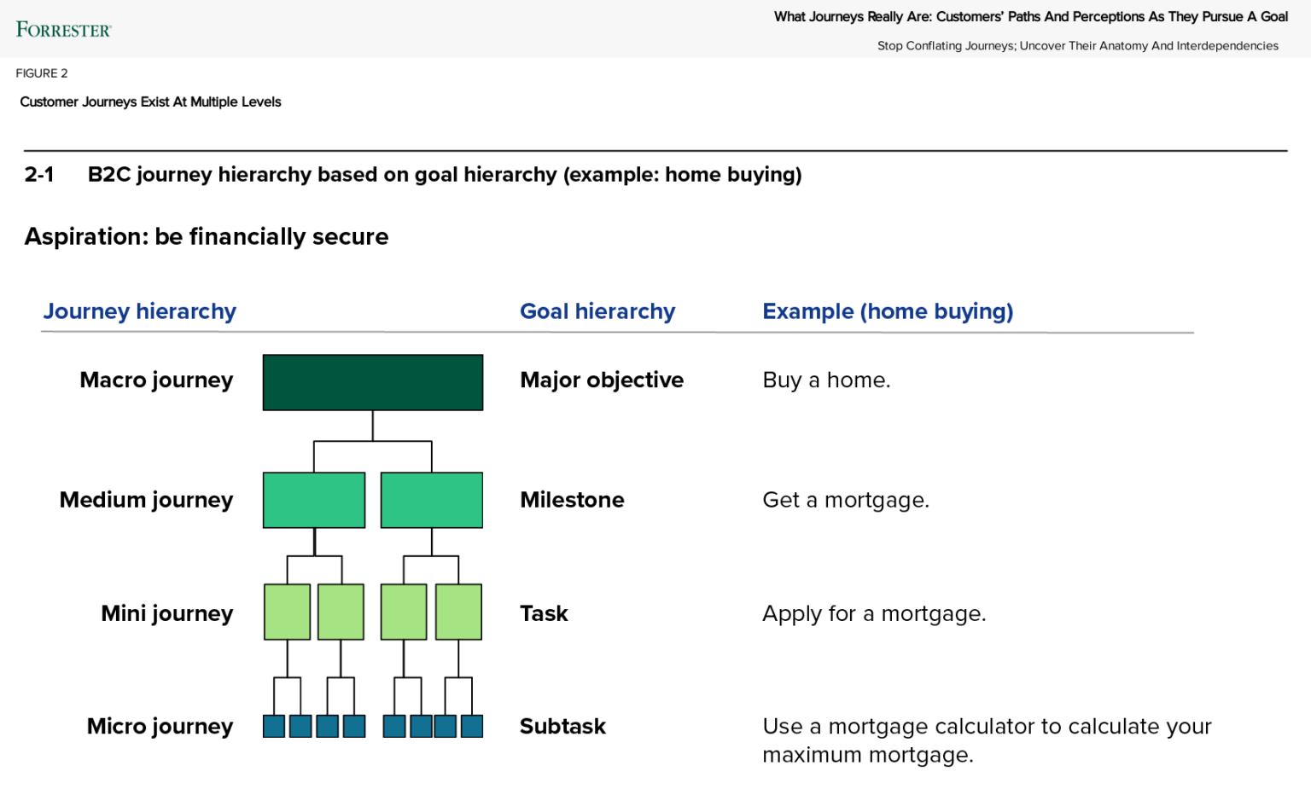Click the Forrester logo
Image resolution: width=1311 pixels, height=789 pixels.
tap(63, 29)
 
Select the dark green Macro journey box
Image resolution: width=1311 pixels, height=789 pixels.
tap(373, 382)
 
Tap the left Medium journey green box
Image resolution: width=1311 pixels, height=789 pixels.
tap(314, 500)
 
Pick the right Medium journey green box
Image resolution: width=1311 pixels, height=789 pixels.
tap(432, 500)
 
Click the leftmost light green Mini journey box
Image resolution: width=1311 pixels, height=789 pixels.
tap(288, 612)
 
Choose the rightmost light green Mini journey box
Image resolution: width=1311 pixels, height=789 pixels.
tap(459, 612)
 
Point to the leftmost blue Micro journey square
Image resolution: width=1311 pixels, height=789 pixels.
tap(274, 726)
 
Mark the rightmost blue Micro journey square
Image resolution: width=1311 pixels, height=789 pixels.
tap(472, 726)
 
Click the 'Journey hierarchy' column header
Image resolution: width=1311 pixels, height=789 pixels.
tap(139, 311)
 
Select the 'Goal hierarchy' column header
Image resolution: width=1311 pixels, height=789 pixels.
tap(597, 311)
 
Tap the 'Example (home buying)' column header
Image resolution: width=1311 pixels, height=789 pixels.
tap(888, 311)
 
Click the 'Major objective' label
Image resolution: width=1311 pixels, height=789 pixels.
tap(602, 380)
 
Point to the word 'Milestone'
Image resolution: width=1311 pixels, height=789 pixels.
tap(573, 500)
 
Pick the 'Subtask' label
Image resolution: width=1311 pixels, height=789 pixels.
tap(563, 727)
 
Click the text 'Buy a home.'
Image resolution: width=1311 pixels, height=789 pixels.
tap(826, 380)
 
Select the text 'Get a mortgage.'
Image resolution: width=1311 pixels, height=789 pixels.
tap(846, 500)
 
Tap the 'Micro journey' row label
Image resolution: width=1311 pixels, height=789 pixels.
tap(160, 727)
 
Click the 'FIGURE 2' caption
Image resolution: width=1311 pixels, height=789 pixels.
tap(42, 73)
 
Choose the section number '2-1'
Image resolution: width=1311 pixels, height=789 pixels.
tap(39, 174)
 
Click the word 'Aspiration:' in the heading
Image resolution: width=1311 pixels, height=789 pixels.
tap(86, 237)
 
